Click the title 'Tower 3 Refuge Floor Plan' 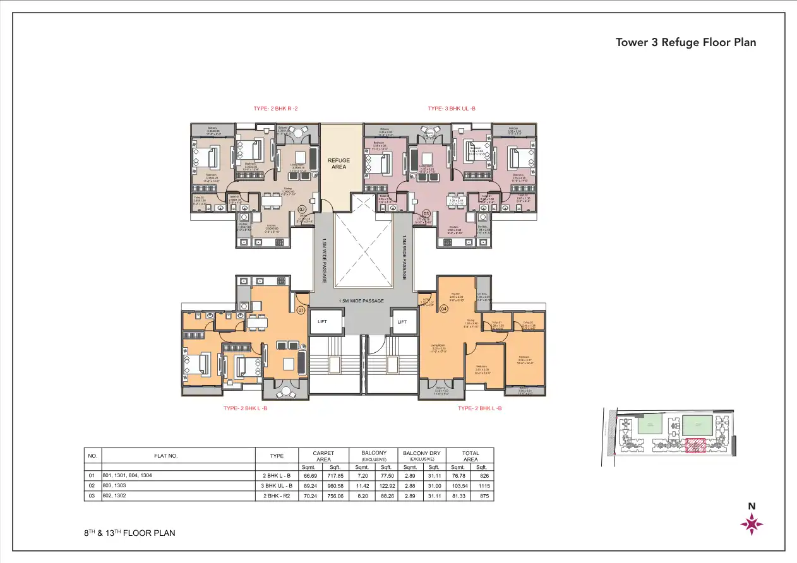tap(686, 42)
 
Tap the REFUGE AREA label tap(339, 163)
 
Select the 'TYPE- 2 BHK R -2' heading tap(275, 109)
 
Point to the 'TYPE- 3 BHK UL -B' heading tap(451, 109)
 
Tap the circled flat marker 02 tap(302, 209)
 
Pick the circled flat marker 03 tap(426, 213)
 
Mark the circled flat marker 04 tap(443, 309)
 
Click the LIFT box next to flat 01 tap(323, 322)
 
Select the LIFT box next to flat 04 tap(402, 322)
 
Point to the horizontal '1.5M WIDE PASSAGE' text tap(361, 301)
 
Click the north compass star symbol tap(752, 524)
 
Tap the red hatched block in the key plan tap(695, 446)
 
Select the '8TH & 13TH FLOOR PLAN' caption tap(129, 533)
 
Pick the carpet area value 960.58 tap(332, 486)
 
